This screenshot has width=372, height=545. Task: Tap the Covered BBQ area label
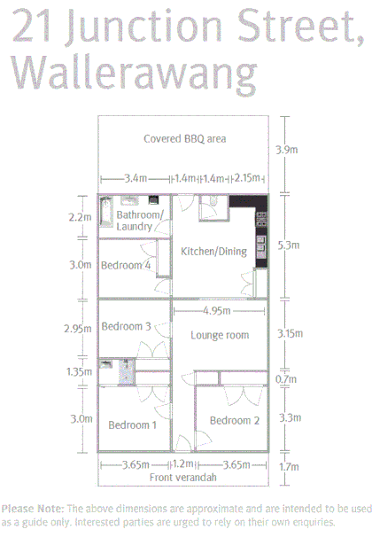click(x=184, y=138)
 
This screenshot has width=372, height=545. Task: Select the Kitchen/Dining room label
click(x=213, y=252)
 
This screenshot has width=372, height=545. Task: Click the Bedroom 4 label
click(x=125, y=265)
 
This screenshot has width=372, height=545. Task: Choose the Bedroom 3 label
click(x=126, y=326)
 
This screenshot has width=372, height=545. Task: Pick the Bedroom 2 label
click(x=235, y=420)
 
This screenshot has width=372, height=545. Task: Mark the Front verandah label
click(x=183, y=478)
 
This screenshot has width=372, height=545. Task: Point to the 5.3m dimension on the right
click(x=286, y=245)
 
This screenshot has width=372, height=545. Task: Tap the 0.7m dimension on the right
click(x=286, y=379)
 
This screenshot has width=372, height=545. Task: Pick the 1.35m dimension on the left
click(x=78, y=372)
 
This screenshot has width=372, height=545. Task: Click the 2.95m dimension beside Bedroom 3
click(x=78, y=329)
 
